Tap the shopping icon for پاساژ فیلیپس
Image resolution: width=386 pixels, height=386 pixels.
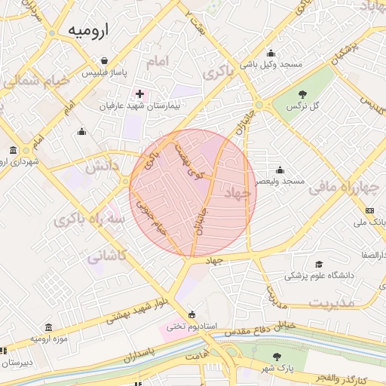click(x=104, y=61)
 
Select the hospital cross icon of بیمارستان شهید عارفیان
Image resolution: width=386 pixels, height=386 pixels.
click(x=139, y=93)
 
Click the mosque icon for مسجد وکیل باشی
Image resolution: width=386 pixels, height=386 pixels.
click(x=271, y=53)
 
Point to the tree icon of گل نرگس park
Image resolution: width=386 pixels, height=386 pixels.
click(x=303, y=94)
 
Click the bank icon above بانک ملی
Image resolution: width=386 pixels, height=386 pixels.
click(x=369, y=210)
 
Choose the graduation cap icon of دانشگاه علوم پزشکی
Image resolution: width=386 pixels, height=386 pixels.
click(x=319, y=264)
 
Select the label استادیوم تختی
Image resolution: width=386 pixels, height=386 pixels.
click(x=191, y=326)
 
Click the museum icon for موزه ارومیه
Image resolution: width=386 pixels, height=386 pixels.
click(x=49, y=326)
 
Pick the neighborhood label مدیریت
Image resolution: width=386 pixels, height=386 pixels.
click(x=331, y=302)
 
